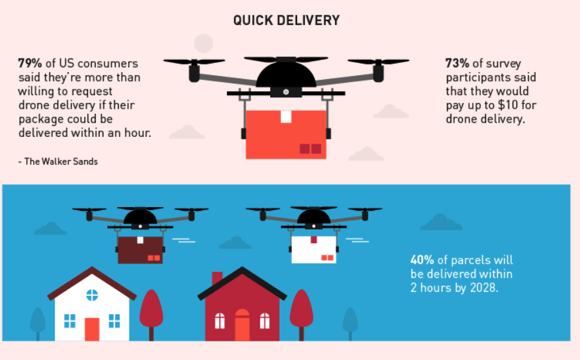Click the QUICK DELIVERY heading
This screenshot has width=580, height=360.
pyautogui.click(x=286, y=21)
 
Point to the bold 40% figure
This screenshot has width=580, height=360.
pyautogui.click(x=422, y=260)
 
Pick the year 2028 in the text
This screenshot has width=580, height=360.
pyautogui.click(x=484, y=287)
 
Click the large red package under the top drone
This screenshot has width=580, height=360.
pyautogui.click(x=286, y=134)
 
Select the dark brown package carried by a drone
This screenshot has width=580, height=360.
pyautogui.click(x=140, y=249)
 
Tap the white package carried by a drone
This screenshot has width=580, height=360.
pyautogui.click(x=313, y=249)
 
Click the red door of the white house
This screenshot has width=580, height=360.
pyautogui.click(x=92, y=328)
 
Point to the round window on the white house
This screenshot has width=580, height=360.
pyautogui.click(x=92, y=295)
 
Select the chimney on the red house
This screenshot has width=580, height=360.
pyautogui.click(x=217, y=278)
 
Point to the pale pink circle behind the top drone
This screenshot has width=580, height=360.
pyautogui.click(x=203, y=43)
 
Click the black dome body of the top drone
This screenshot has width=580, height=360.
pyautogui.click(x=286, y=75)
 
